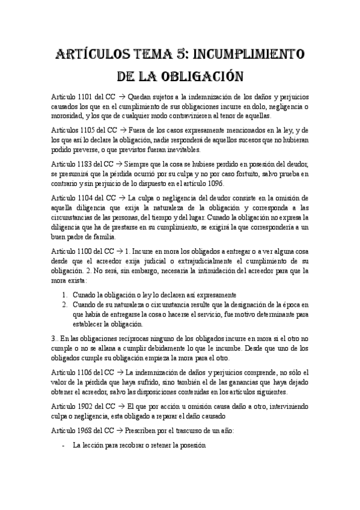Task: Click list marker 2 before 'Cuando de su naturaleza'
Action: click(x=65, y=305)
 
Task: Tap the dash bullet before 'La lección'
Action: click(x=64, y=447)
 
